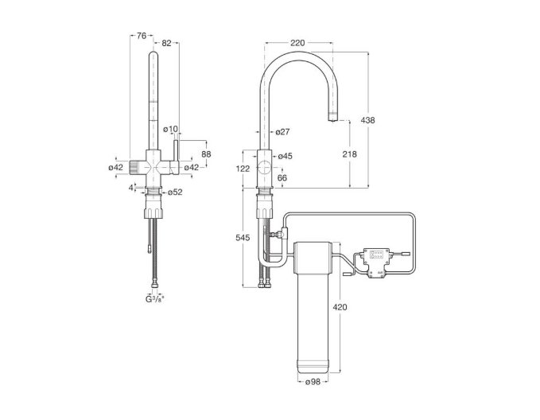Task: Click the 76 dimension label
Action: click(142, 36)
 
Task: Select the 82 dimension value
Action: click(166, 43)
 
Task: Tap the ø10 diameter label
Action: click(171, 129)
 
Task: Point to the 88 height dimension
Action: click(206, 154)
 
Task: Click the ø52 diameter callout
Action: click(175, 192)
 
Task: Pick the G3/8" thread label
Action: click(154, 299)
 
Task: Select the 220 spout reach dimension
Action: click(297, 43)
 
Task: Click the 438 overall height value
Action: click(367, 120)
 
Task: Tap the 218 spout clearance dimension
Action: click(350, 154)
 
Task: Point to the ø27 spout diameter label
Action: click(283, 131)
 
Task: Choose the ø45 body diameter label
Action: click(285, 156)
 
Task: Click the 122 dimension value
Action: click(243, 169)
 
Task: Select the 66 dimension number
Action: click(282, 178)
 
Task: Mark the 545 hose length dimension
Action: click(243, 238)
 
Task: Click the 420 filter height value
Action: click(340, 306)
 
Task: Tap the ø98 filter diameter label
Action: click(313, 382)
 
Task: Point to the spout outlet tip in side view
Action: click(332, 119)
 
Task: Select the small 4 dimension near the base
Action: click(131, 188)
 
